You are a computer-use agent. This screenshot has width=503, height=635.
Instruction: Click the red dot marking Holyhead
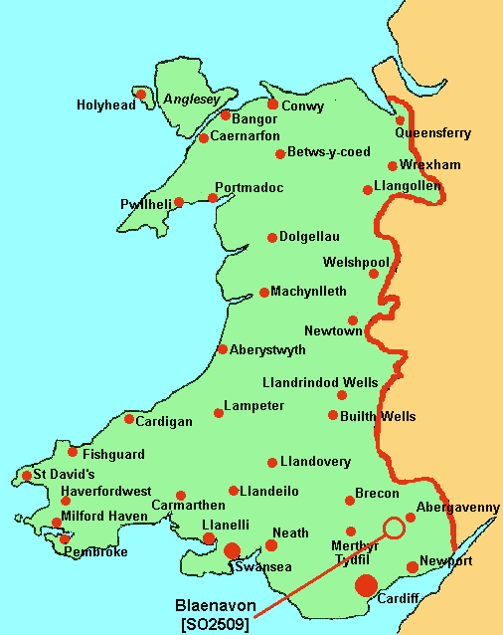[141, 95]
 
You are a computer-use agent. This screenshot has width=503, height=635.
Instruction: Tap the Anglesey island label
[189, 100]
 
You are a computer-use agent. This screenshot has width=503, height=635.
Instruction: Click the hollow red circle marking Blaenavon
[394, 528]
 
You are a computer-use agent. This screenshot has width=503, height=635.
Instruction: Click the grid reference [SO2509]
[215, 624]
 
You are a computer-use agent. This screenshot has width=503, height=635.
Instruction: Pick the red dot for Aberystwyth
[223, 349]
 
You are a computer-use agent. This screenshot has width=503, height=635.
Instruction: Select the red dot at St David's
[27, 476]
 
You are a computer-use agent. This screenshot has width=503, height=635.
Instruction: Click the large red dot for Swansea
[232, 550]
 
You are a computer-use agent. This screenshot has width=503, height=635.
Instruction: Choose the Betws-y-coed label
[329, 152]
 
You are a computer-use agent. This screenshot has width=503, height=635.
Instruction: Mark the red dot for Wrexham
[394, 165]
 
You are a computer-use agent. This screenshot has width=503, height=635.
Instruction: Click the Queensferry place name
[432, 133]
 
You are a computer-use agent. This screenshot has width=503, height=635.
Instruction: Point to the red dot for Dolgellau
[272, 238]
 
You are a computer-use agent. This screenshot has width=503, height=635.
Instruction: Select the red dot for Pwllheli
[179, 203]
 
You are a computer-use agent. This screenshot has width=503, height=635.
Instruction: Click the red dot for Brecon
[349, 501]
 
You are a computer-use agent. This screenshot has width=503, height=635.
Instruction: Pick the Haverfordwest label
[105, 492]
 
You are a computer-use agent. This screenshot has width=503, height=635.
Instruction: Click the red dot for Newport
[413, 567]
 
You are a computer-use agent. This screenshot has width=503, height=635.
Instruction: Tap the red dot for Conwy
[272, 104]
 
